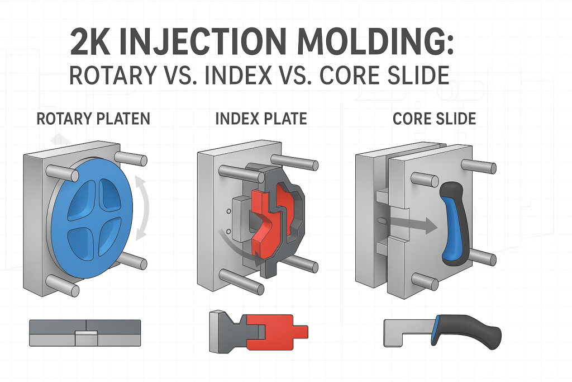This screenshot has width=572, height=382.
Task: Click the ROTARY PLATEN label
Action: [93, 119]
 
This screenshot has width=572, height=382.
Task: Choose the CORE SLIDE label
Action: [434, 119]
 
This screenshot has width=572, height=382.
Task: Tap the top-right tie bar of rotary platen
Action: [131, 160]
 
